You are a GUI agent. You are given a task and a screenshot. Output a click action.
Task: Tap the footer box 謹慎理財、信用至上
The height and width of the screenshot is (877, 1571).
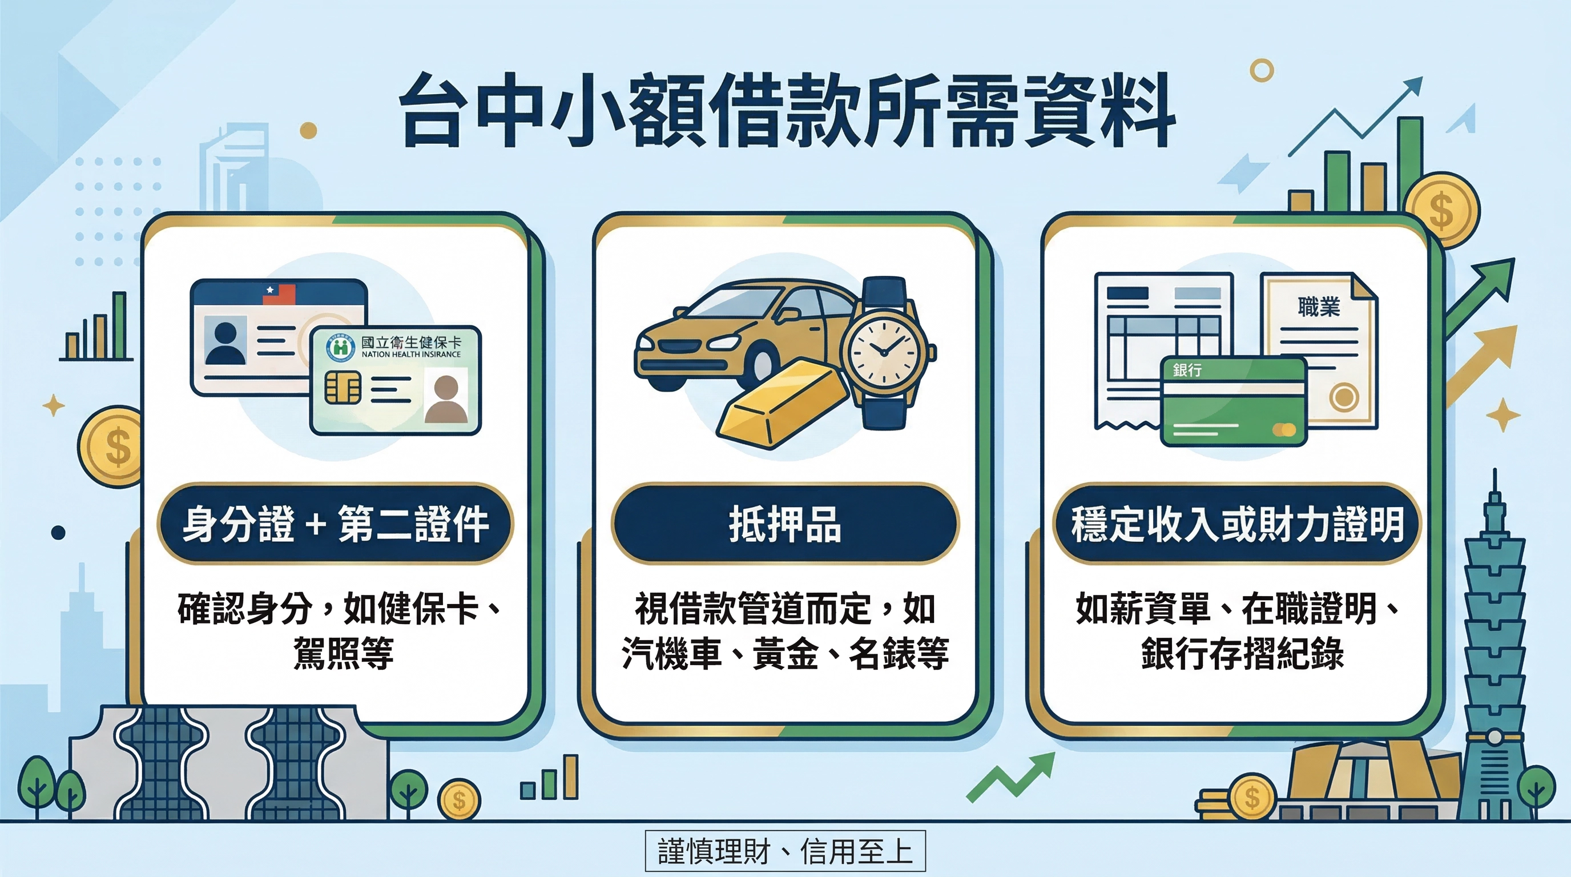(785, 851)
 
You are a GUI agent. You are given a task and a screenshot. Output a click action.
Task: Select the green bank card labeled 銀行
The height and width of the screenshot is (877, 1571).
(1233, 401)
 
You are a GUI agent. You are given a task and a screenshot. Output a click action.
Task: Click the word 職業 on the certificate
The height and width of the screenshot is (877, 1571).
(1319, 307)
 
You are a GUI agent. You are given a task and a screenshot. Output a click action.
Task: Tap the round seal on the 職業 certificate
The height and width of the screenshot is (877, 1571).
(1344, 397)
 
